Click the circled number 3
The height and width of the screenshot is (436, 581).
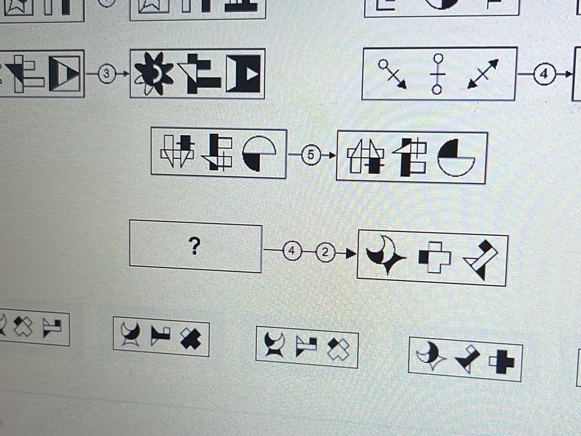click(106, 74)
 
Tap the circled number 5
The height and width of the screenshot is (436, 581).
click(310, 155)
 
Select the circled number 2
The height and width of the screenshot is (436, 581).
click(326, 252)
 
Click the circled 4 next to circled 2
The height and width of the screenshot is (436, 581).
click(292, 251)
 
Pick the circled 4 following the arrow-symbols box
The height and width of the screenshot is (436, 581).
click(543, 75)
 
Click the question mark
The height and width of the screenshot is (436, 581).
click(194, 246)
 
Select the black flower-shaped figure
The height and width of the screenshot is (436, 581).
click(154, 74)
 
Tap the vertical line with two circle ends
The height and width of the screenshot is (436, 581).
click(438, 74)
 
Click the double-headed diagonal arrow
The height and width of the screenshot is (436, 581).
click(483, 74)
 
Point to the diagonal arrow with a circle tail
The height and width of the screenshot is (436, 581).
click(393, 73)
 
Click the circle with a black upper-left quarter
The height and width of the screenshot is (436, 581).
click(455, 158)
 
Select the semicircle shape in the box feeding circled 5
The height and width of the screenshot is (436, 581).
click(259, 153)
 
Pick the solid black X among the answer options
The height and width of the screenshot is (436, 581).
click(191, 339)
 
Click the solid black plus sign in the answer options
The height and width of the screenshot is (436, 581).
click(502, 361)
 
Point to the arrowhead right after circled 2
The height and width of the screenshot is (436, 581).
click(350, 254)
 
